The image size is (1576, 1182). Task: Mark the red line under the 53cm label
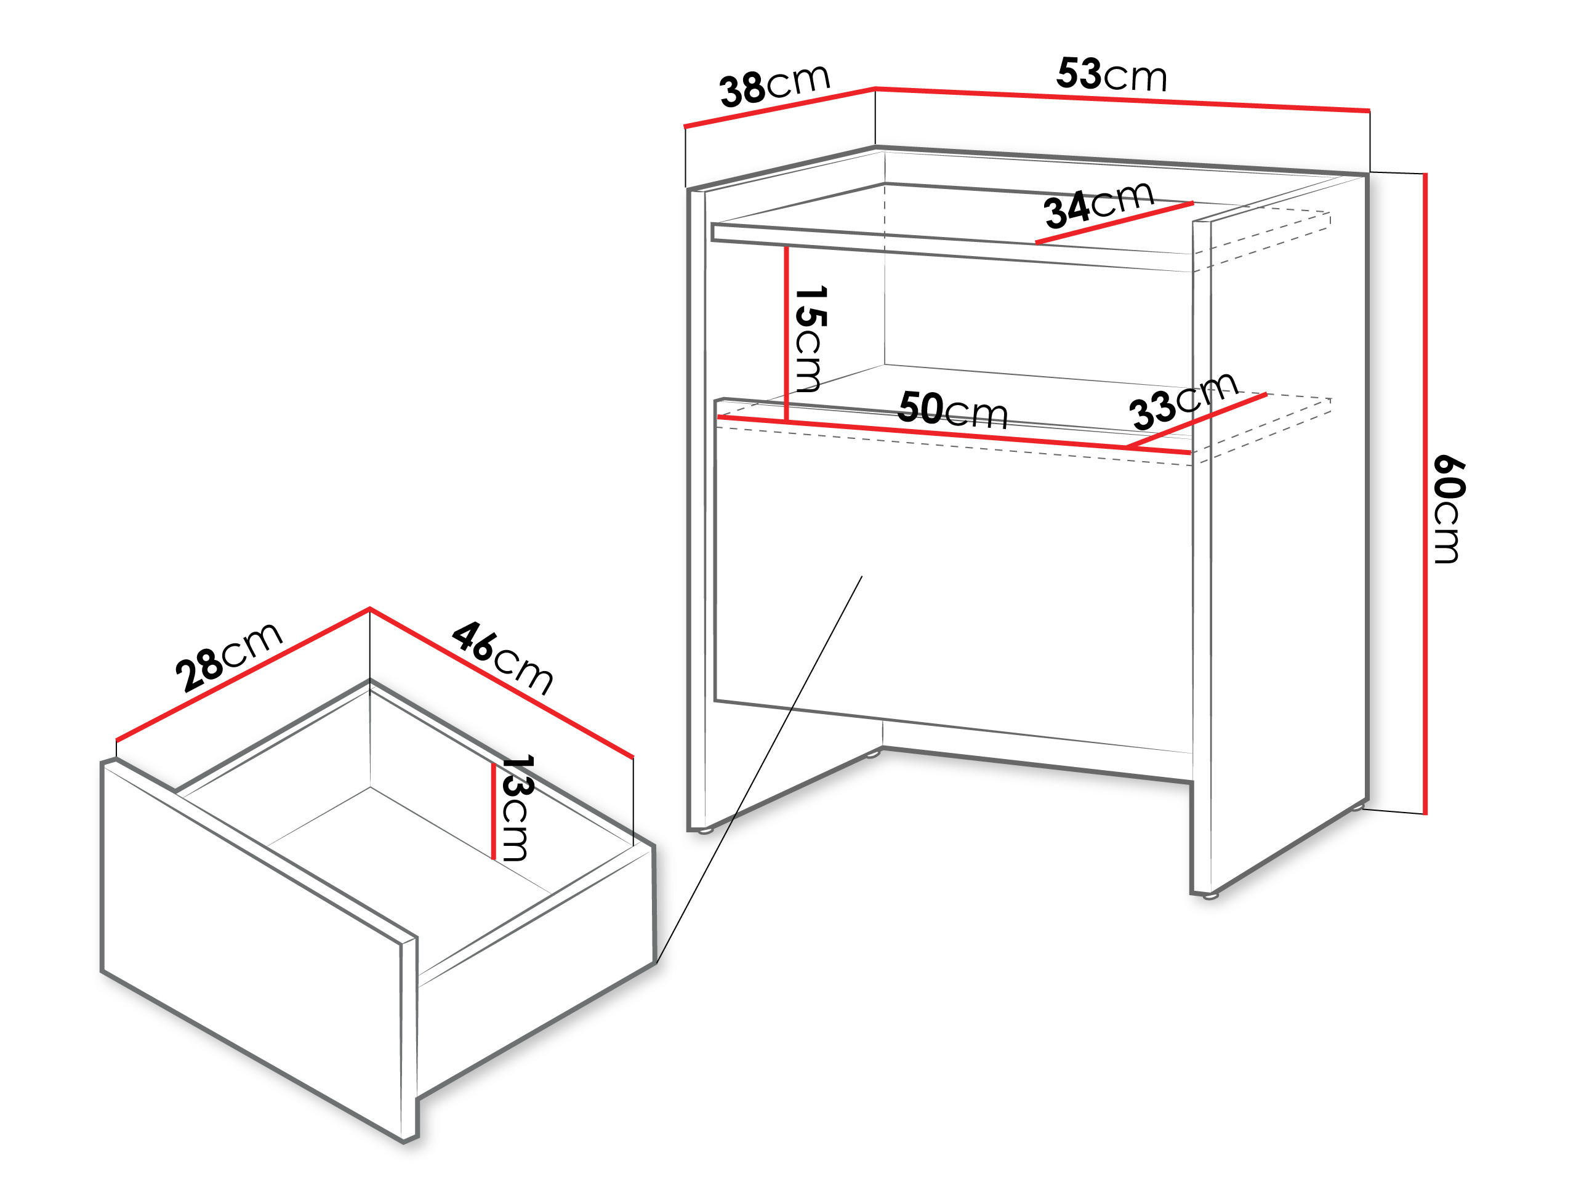point(1122,99)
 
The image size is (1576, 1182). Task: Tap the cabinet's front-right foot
point(1210,896)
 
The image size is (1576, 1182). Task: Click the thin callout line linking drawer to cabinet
point(759,770)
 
